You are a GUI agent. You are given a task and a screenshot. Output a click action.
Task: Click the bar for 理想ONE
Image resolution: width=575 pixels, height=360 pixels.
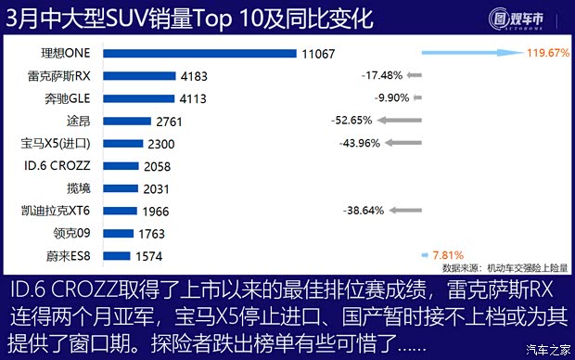point(199,54)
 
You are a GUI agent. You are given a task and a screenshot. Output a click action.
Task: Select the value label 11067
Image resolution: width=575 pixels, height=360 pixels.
point(320,54)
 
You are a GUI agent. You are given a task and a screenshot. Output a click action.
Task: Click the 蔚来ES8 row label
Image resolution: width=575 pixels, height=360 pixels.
point(71,255)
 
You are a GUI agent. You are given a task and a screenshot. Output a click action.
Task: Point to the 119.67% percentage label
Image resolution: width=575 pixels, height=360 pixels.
point(547,54)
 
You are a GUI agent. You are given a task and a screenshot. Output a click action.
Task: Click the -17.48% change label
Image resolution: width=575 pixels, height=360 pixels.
point(381,76)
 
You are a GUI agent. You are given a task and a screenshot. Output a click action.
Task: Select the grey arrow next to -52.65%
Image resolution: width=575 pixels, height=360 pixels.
point(398,121)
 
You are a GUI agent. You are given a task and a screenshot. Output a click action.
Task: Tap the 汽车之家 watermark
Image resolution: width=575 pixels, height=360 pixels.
point(546,350)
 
